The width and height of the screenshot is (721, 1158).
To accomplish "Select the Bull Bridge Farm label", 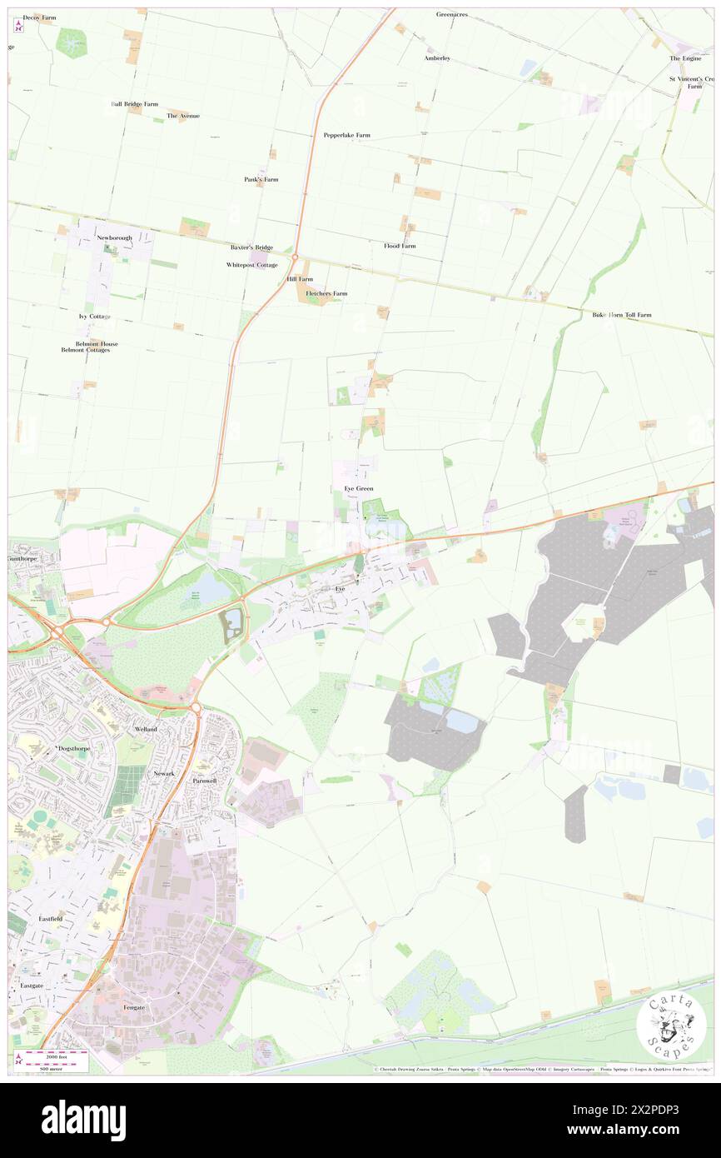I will coord(134,104).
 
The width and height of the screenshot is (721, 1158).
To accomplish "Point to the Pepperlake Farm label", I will coord(347,134).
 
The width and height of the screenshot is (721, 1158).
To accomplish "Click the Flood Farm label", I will coord(400,246).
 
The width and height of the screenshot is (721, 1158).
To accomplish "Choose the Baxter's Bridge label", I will coord(251,247).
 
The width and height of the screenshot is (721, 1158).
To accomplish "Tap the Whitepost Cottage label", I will coord(252,265).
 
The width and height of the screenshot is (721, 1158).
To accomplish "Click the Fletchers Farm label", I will coord(326,293).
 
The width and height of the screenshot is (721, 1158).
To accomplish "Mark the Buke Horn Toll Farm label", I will coord(621,315).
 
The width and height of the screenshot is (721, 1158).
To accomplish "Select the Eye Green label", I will coord(359,488).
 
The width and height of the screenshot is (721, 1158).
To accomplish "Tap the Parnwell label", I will coord(204,781).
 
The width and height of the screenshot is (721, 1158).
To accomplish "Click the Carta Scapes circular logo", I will coord(671,1027).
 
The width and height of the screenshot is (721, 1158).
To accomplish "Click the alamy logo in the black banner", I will coord(83,1121).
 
